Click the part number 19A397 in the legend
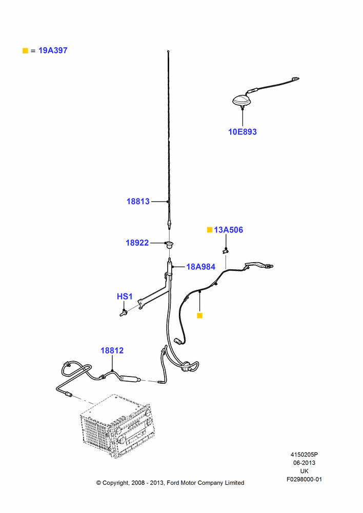[x=53, y=50]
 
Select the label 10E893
[x=243, y=132]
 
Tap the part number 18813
[x=138, y=201]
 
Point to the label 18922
[x=137, y=243]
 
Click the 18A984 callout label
[x=201, y=267]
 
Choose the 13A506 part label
[x=228, y=230]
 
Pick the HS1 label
[x=125, y=297]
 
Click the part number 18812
[x=112, y=350]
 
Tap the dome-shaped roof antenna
[x=243, y=100]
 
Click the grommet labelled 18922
[x=169, y=244]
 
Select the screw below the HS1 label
[x=124, y=313]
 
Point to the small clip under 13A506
[x=225, y=251]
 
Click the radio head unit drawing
[x=117, y=426]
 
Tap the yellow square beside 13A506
[x=210, y=230]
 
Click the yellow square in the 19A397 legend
[x=25, y=51]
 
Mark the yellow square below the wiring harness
[x=199, y=315]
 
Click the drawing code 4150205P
[x=304, y=455]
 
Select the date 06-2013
[x=304, y=463]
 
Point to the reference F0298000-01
[x=304, y=479]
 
